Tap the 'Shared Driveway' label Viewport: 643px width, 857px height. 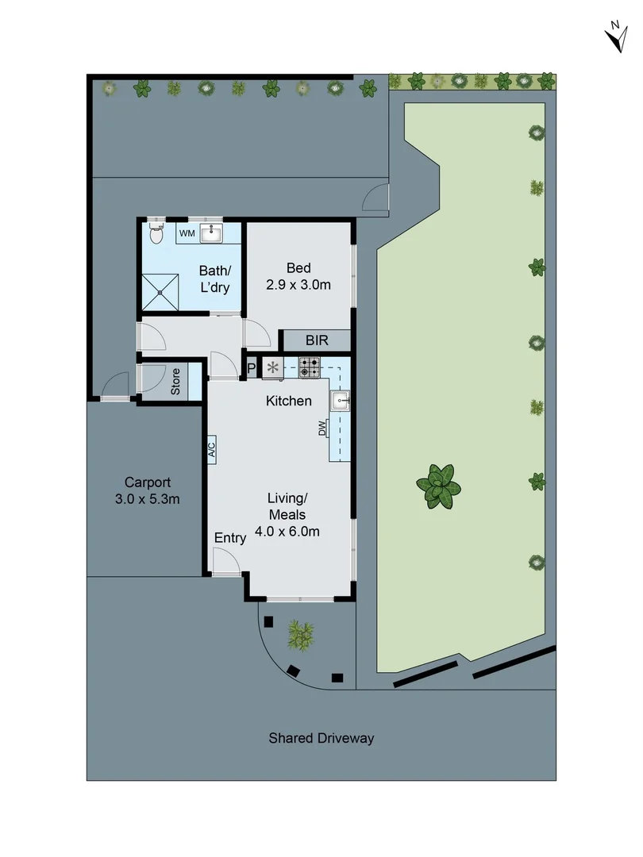[x=321, y=738]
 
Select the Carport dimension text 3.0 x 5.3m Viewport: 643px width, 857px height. [x=147, y=499]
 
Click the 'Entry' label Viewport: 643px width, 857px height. [x=230, y=538]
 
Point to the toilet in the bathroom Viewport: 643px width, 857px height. [x=156, y=233]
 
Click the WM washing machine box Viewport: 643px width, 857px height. [x=187, y=233]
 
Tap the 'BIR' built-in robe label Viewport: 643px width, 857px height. [x=317, y=340]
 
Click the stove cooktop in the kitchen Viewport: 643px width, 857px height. [x=310, y=367]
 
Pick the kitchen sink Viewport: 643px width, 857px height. [x=341, y=400]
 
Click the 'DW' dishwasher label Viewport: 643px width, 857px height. [x=323, y=429]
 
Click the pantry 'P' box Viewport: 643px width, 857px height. [x=252, y=368]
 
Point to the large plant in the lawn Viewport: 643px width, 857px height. [x=439, y=486]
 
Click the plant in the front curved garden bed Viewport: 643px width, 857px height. [x=301, y=632]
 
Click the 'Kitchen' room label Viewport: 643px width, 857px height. [x=288, y=401]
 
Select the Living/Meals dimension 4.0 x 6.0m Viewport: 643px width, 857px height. [x=287, y=532]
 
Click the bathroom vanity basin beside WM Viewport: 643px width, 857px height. [x=211, y=233]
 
